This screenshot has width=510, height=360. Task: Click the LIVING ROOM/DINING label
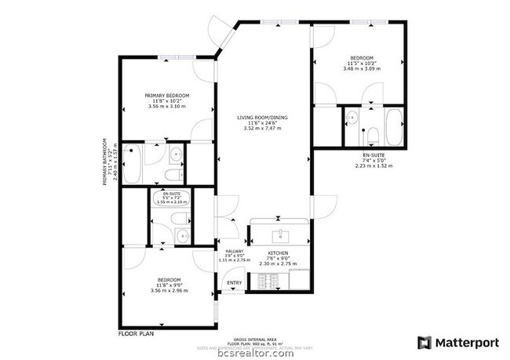click(x=262, y=117)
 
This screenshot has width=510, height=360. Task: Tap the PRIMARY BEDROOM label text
click(x=166, y=96)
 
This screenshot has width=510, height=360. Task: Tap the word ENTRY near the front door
click(x=234, y=283)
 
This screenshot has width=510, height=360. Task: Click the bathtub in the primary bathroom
click(x=133, y=163)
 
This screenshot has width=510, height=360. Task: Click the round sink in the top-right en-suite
click(x=352, y=118)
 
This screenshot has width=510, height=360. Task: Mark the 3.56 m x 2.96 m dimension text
click(x=169, y=291)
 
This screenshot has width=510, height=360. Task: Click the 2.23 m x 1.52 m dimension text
click(x=373, y=166)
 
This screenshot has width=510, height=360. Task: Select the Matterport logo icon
click(x=424, y=342)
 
